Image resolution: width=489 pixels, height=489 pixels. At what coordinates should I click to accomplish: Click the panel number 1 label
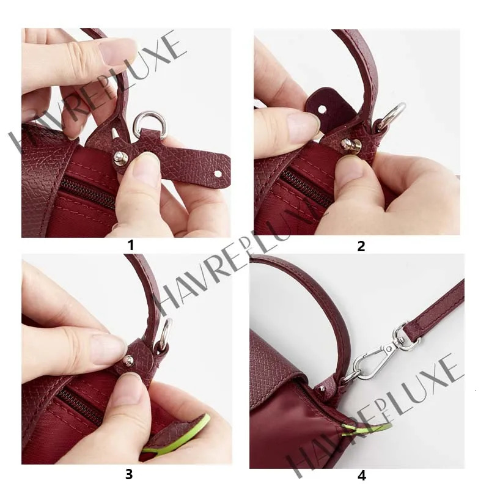click(130, 246)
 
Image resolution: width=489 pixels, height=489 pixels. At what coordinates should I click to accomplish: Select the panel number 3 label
click(129, 473)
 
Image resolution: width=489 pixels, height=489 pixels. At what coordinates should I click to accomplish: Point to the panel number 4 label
click(361, 474)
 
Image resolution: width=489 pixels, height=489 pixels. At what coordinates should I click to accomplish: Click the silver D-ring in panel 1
click(150, 125)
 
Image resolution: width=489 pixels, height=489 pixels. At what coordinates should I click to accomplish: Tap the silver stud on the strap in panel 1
click(120, 159)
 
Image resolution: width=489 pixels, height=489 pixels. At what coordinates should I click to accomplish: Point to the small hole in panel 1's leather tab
click(217, 174)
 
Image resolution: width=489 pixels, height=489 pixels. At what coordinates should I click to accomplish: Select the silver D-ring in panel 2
click(392, 116)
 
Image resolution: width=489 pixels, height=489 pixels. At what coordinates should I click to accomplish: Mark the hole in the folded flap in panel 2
click(322, 109)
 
